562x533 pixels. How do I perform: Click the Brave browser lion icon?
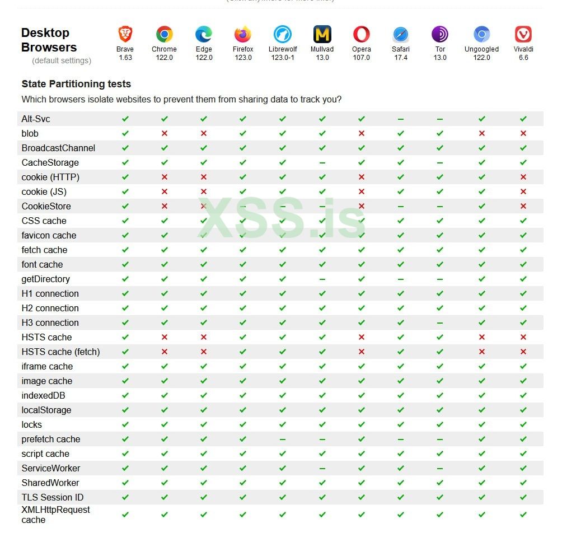(125, 35)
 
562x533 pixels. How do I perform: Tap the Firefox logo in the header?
(243, 35)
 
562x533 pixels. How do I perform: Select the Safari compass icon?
(401, 35)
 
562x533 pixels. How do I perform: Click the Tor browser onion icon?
(440, 35)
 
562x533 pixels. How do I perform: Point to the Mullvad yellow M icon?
(322, 35)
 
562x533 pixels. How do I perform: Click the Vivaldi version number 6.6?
(523, 58)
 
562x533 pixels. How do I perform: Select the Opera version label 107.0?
(361, 58)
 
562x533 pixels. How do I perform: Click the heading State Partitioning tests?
(76, 84)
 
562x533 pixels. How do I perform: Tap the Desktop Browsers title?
(49, 40)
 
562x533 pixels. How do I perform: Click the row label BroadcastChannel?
(58, 148)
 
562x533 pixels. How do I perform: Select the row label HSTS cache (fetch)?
(60, 352)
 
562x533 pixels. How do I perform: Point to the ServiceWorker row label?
(51, 468)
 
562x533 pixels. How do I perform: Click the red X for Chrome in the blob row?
(165, 133)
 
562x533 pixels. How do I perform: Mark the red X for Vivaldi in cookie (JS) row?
(523, 191)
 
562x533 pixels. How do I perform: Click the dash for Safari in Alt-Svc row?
(401, 119)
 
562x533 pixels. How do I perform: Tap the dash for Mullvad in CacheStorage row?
(322, 163)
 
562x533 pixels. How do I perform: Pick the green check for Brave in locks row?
(125, 424)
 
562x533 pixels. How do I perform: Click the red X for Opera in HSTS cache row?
(362, 337)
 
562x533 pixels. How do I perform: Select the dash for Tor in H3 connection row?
(440, 323)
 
